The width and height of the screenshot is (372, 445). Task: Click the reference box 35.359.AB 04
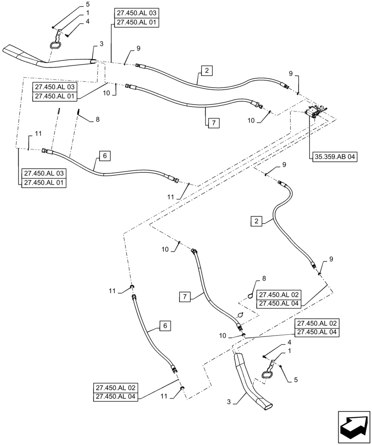333,157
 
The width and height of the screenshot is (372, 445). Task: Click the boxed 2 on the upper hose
206,70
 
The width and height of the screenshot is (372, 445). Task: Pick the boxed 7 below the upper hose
213,123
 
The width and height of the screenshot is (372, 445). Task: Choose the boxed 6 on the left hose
104,156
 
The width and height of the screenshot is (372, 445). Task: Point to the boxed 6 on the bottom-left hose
165,326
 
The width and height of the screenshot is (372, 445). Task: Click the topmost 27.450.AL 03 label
135,14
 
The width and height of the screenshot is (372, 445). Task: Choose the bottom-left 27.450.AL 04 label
116,396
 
